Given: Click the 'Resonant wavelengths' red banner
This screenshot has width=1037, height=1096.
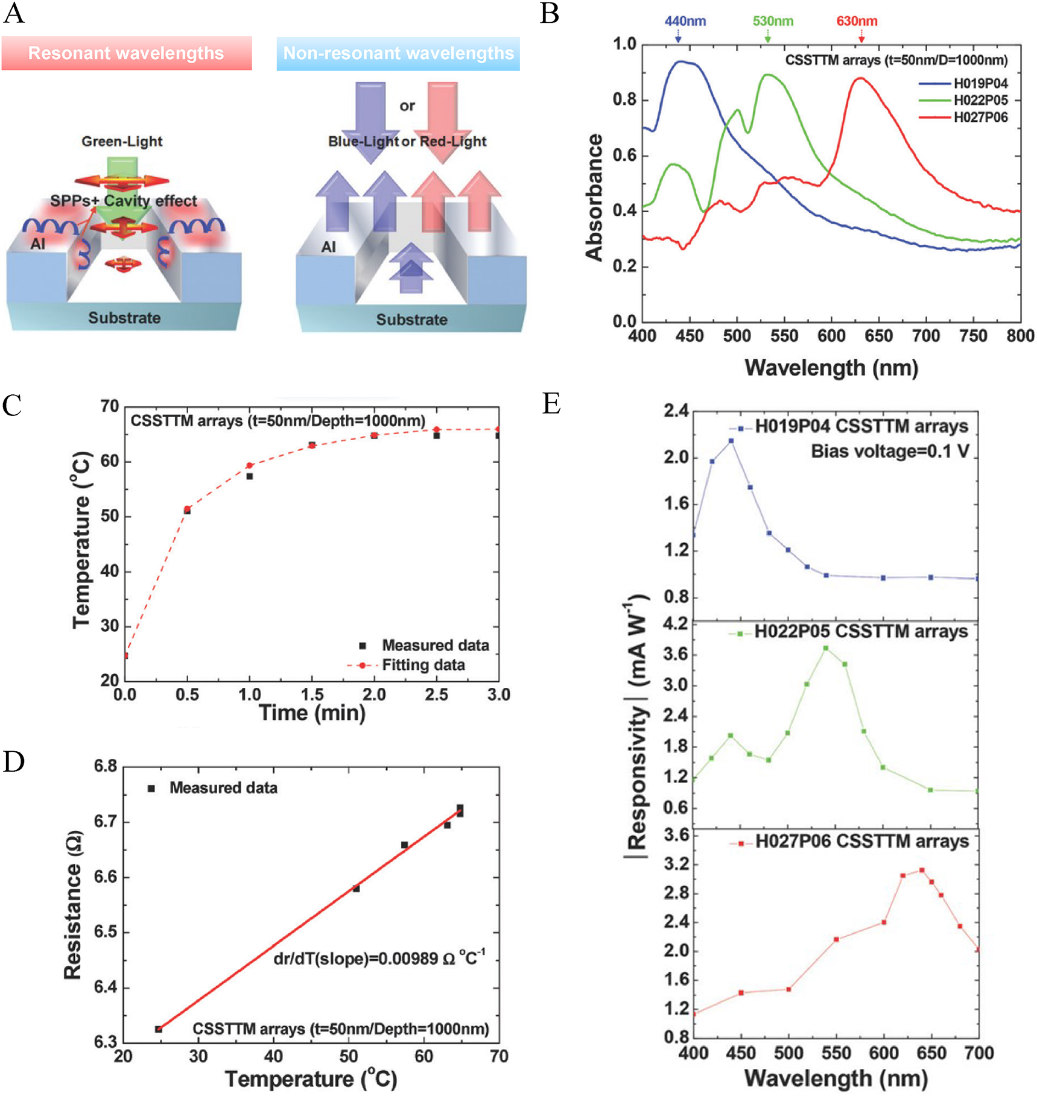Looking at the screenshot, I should pos(126,53).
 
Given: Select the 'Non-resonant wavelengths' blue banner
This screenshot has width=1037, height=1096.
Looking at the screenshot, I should pos(398,54).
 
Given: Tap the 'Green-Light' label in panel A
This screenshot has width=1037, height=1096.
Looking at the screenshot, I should pos(122,142).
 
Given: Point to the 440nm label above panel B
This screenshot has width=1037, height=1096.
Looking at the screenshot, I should pos(685,21).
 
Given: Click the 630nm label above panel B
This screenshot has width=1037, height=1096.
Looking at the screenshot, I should pos(857,21).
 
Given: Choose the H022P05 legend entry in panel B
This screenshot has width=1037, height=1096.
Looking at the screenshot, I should pos(980,101).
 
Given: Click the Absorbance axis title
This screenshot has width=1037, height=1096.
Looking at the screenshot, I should pos(594,197).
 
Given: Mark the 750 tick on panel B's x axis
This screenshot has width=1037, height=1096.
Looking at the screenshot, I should pos(972,336).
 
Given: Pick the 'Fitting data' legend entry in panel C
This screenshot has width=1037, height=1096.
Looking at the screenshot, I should pos(423,665).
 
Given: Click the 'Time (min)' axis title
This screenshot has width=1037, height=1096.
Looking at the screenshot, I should pos(312,713).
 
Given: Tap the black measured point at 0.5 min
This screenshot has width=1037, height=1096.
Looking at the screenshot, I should pos(188,511).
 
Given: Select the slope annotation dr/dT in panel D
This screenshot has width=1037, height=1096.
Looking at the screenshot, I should pos(379,958).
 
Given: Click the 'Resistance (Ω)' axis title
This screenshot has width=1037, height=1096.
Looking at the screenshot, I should pos(73,905).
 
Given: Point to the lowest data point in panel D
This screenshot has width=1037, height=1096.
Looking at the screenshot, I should pos(159,1029).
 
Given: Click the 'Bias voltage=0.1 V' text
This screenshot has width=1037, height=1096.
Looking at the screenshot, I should pos(890,452).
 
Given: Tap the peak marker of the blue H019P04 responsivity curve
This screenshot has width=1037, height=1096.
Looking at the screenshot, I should pos(731,441).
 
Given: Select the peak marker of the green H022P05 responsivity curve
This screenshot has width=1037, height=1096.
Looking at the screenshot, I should pos(826,648).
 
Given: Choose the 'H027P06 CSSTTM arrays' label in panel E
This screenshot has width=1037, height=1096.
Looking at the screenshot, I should pos(861,842).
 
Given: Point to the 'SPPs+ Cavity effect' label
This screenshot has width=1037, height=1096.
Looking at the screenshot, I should pos(123,201).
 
